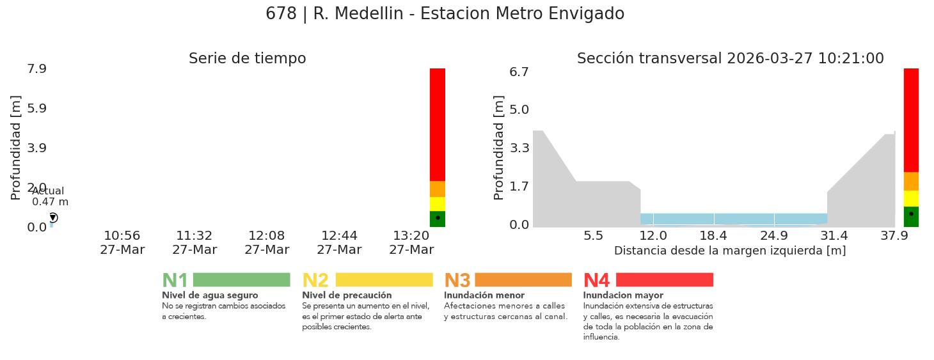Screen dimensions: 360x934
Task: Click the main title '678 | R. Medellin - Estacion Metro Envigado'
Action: (x=445, y=14)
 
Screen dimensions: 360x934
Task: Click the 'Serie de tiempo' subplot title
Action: (x=247, y=59)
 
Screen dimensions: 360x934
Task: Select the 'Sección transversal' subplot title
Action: (x=730, y=59)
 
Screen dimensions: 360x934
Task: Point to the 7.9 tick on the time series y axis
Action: (x=36, y=68)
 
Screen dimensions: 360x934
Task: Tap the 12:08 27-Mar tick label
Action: (x=267, y=243)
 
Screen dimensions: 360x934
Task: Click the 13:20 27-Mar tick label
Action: (x=411, y=243)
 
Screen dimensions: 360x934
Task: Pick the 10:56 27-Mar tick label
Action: (x=122, y=243)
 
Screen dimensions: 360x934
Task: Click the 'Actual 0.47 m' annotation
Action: (x=49, y=196)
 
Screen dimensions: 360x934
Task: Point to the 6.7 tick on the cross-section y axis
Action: (x=519, y=72)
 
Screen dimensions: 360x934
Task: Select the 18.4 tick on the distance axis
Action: (x=714, y=236)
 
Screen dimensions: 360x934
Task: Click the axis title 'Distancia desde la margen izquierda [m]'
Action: (x=729, y=251)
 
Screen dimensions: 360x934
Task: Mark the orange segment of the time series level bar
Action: (x=438, y=189)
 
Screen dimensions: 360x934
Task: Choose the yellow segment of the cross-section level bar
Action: (x=911, y=198)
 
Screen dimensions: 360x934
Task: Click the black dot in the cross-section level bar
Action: (x=911, y=214)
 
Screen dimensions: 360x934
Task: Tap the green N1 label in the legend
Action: (x=175, y=281)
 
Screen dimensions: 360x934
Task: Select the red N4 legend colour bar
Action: (x=664, y=279)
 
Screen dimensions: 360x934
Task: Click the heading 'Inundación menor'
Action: (x=484, y=295)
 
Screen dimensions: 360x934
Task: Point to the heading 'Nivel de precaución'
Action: (x=347, y=295)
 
